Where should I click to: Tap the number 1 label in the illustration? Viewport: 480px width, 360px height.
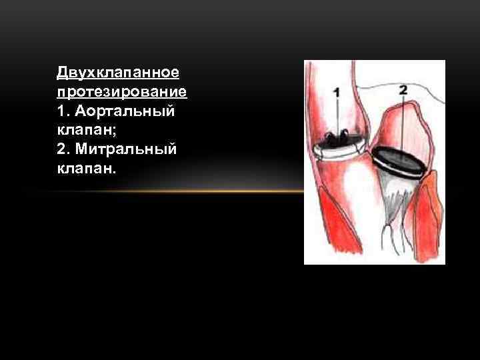pos(336,93)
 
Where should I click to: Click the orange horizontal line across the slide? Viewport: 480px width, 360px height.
pos(167,191)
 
